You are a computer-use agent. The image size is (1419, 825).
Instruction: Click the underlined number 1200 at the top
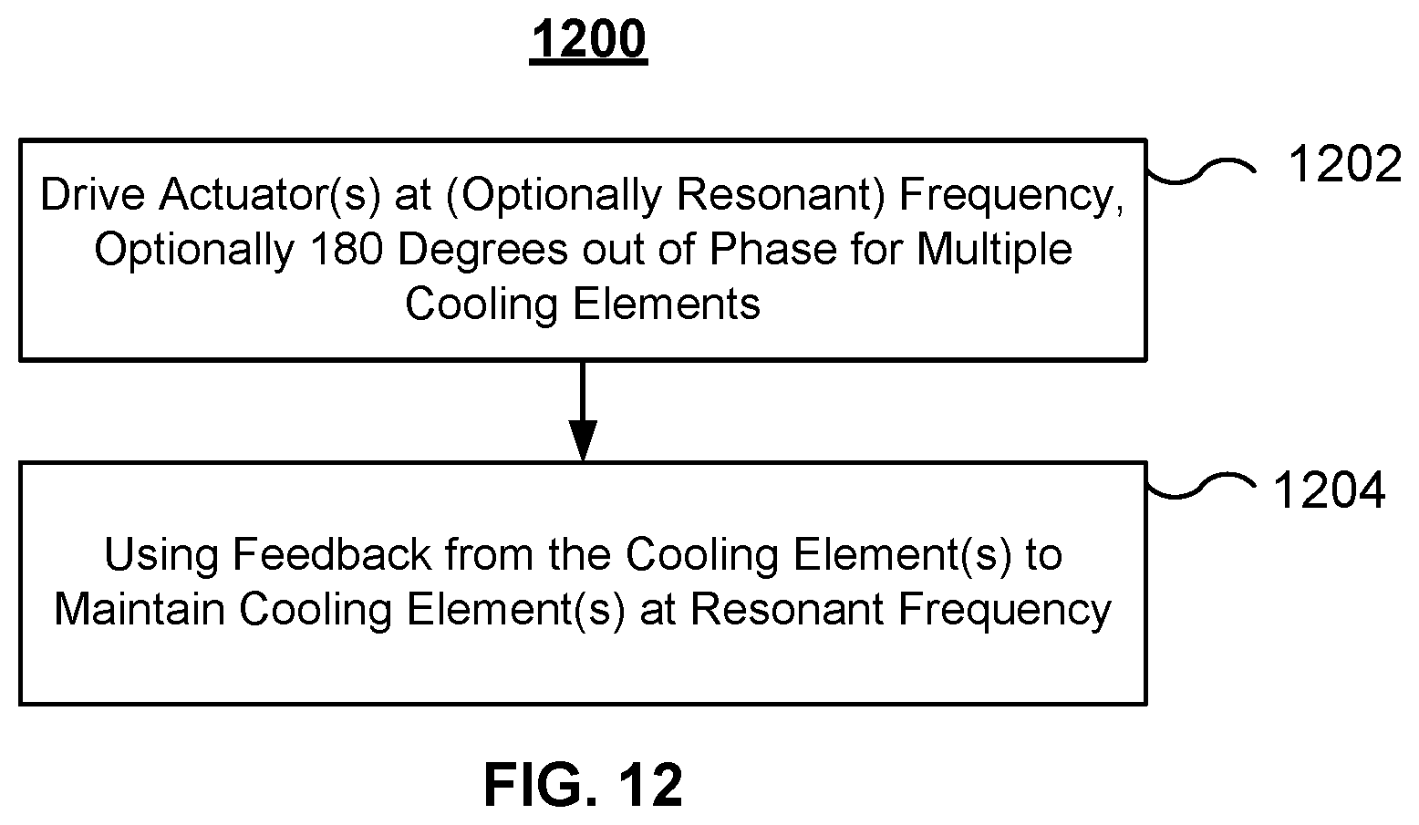click(x=588, y=40)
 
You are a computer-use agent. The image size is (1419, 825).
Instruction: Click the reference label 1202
click(x=1345, y=164)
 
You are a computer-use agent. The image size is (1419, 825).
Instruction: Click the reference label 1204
click(x=1329, y=490)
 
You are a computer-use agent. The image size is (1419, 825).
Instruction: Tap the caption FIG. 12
click(x=584, y=785)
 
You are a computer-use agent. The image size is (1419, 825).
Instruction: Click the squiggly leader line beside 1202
click(x=1201, y=171)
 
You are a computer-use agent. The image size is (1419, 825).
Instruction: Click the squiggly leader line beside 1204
click(x=1201, y=486)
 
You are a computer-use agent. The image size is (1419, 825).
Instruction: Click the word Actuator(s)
click(x=270, y=194)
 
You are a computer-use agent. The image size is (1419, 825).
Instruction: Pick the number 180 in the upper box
click(x=347, y=249)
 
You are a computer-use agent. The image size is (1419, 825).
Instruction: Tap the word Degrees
click(x=483, y=251)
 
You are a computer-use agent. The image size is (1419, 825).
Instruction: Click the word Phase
click(x=772, y=249)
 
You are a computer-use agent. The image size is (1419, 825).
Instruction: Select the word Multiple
click(x=994, y=251)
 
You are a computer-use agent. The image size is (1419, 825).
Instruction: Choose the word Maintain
click(x=140, y=609)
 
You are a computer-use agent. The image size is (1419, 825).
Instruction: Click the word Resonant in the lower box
click(x=787, y=609)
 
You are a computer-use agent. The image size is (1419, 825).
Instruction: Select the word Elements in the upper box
click(x=667, y=304)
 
